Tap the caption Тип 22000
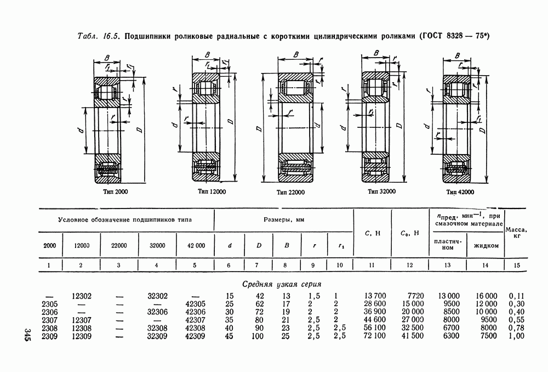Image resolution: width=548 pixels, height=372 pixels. tap(291, 192)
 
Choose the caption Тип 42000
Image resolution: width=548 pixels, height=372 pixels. tap(460, 191)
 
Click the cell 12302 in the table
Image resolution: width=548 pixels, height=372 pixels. tap(81, 296)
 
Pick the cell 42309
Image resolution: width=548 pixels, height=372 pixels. tap(195, 335)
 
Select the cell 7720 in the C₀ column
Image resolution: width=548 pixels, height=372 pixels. tap(416, 296)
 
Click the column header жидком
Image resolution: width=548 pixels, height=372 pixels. tap(485, 245)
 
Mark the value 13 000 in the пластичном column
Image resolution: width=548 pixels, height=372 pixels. tap(448, 296)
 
